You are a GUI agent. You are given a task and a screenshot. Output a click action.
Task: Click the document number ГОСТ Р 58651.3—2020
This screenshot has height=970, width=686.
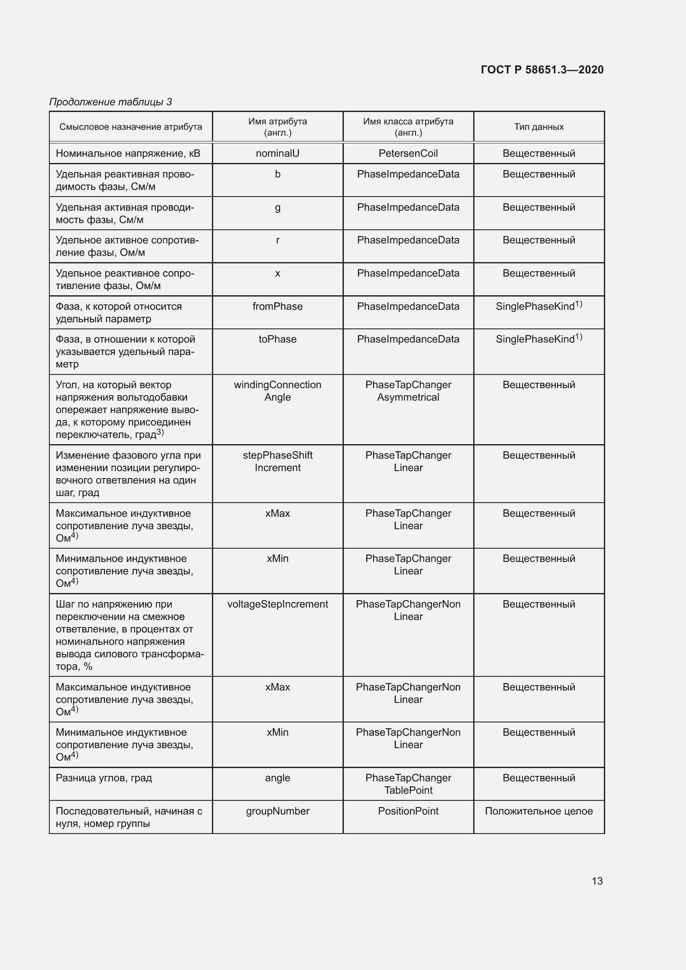pyautogui.click(x=542, y=70)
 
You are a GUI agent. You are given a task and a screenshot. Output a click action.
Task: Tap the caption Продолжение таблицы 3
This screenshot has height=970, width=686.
pyautogui.click(x=111, y=102)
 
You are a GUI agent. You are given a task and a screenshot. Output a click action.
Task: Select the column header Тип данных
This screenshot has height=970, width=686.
pyautogui.click(x=539, y=127)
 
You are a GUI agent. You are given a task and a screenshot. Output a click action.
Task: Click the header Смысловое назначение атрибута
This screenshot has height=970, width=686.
pyautogui.click(x=131, y=127)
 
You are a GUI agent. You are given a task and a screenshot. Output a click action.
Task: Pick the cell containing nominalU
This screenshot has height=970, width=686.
pyautogui.click(x=277, y=153)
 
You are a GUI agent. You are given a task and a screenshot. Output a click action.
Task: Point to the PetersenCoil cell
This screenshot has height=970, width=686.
pyautogui.click(x=408, y=153)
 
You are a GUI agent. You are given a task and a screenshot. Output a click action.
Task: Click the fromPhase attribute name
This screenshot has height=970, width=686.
pyautogui.click(x=277, y=306)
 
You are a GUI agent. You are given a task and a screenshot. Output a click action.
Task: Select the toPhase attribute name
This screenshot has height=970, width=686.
pyautogui.click(x=277, y=339)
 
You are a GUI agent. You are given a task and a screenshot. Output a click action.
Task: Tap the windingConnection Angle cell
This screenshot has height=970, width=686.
pyautogui.click(x=277, y=391)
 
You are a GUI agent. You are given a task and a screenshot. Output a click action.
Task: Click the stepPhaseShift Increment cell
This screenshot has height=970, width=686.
pyautogui.click(x=277, y=461)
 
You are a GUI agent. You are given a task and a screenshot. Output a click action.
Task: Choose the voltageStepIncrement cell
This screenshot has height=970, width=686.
pyautogui.click(x=277, y=604)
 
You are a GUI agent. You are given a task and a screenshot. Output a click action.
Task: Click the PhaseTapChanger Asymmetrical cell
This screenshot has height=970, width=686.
pyautogui.click(x=408, y=391)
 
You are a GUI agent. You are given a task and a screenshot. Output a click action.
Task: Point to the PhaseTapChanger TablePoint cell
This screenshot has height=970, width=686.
pyautogui.click(x=408, y=784)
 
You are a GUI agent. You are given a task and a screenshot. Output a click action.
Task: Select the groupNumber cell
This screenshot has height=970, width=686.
pyautogui.click(x=277, y=811)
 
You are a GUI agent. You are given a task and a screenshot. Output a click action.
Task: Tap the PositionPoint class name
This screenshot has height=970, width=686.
pyautogui.click(x=408, y=811)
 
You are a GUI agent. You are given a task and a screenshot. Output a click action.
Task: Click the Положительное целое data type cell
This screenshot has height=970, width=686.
pyautogui.click(x=539, y=811)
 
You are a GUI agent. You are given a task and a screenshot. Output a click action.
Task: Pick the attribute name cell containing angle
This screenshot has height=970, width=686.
pyautogui.click(x=277, y=778)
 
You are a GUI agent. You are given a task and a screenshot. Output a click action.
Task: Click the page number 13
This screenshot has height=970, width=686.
pyautogui.click(x=597, y=881)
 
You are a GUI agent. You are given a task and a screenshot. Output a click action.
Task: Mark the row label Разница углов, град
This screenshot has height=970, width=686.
pyautogui.click(x=104, y=778)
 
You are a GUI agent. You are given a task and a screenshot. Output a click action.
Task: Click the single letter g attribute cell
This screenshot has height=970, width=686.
pyautogui.click(x=277, y=207)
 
